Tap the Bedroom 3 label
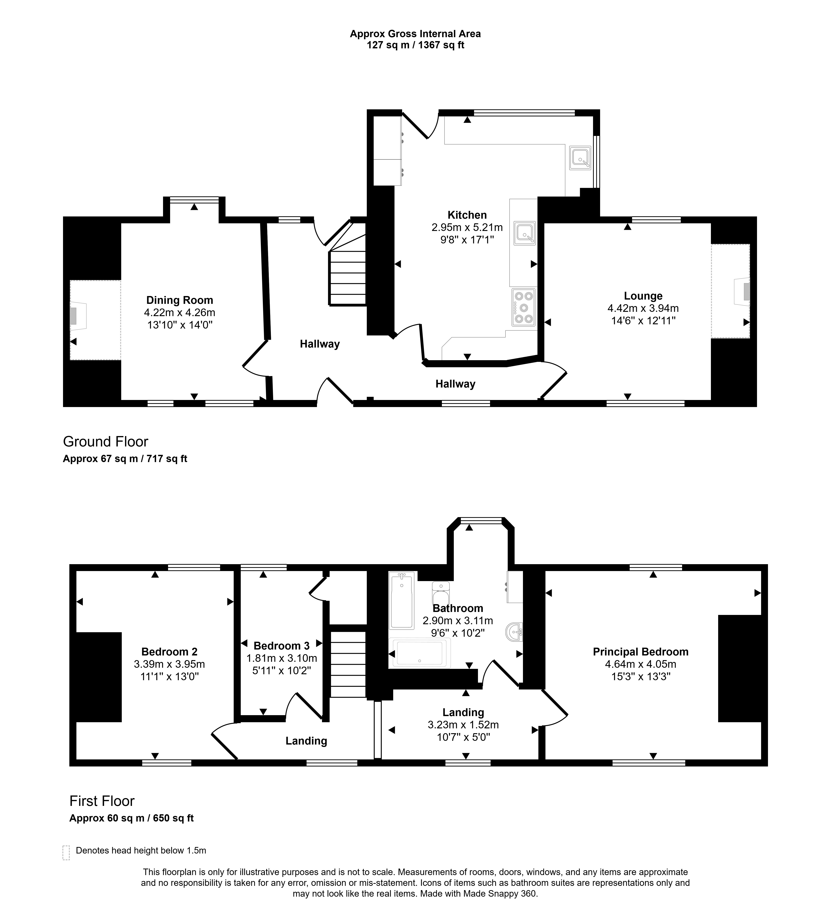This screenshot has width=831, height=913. click(x=281, y=646)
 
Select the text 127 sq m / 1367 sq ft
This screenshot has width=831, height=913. click(x=415, y=45)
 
